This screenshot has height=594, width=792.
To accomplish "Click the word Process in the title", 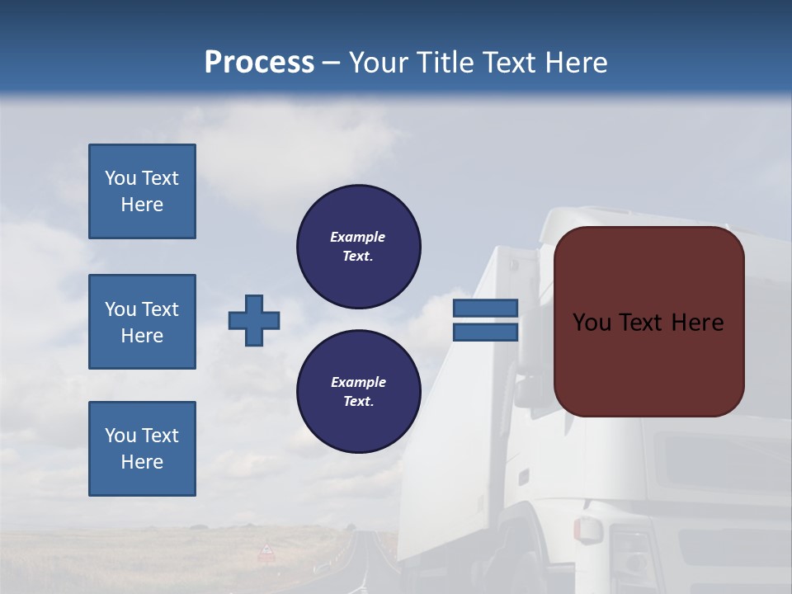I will tap(259, 62).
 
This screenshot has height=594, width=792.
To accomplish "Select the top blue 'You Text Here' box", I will tap(142, 191).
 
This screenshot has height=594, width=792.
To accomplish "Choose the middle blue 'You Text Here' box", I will tap(142, 322).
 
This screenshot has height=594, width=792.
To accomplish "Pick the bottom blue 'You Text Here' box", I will tap(142, 449).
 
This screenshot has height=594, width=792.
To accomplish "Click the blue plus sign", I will tap(254, 320).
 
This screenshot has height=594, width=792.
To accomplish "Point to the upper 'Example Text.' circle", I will tap(358, 247).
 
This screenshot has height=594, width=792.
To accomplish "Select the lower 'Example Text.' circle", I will tap(358, 392).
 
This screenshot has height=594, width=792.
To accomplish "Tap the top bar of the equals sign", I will tap(485, 308).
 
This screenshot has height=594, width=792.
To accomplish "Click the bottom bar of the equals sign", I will tap(485, 332).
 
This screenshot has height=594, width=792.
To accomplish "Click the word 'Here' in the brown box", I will tap(697, 323).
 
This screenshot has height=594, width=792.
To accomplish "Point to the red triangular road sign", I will tap(266, 550).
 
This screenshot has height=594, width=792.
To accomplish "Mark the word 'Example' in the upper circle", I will tap(358, 237).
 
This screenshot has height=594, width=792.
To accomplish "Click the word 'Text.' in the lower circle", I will tap(358, 402).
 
